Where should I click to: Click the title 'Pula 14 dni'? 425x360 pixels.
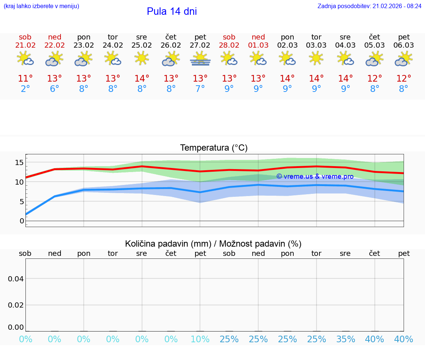tap(172, 11)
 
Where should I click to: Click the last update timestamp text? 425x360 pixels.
tap(369, 6)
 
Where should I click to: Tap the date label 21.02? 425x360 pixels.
tap(25, 45)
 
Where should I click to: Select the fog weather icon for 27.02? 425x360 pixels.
tap(200, 59)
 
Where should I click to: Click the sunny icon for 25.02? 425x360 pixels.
tap(142, 58)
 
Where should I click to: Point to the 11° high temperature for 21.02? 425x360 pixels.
tap(25, 79)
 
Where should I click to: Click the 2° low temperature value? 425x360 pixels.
tap(25, 89)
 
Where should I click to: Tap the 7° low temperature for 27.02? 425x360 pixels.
tap(200, 89)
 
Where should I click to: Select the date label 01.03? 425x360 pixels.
tap(258, 45)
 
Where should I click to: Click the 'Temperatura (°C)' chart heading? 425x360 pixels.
tap(214, 148)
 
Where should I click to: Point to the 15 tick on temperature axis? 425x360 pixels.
tap(19, 162)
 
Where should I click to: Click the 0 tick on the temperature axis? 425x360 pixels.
tap(21, 221)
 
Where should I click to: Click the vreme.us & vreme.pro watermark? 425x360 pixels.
tap(315, 176)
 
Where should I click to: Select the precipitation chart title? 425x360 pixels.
tap(213, 244)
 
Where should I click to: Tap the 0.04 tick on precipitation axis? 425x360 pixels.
tap(16, 278)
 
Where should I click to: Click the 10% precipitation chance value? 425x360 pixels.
tap(200, 339)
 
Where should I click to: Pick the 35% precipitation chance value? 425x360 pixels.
tap(345, 339)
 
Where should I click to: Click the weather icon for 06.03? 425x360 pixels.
tap(404, 59)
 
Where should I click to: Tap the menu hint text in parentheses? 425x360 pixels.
tap(41, 6)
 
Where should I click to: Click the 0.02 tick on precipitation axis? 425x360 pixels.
tap(16, 305)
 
